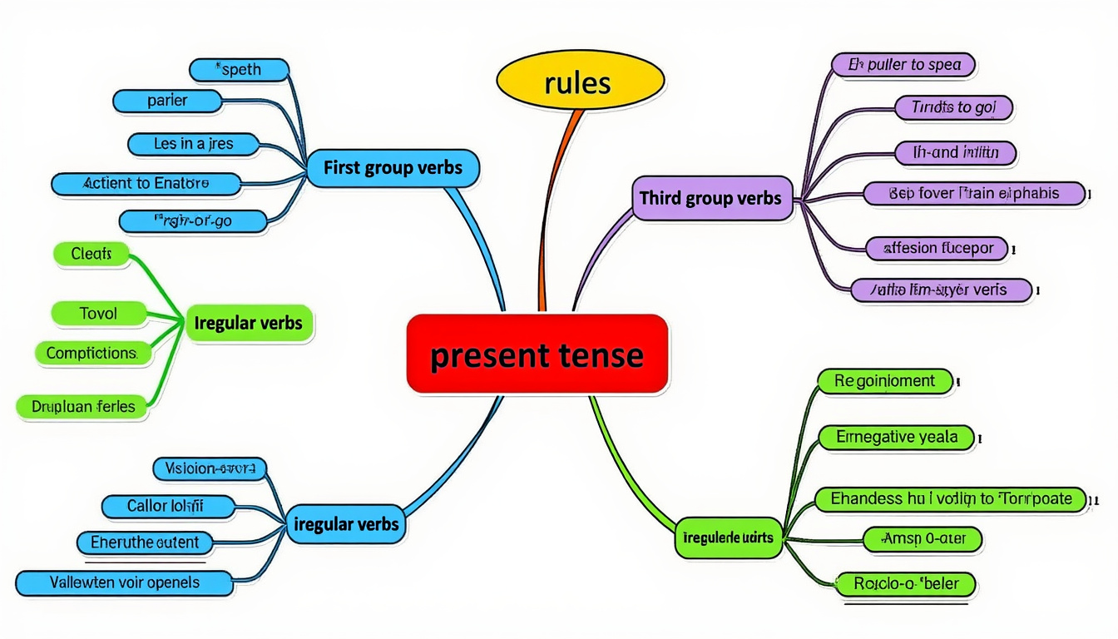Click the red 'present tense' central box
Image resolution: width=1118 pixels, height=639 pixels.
click(537, 354)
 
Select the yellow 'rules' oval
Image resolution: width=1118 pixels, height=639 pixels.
click(580, 83)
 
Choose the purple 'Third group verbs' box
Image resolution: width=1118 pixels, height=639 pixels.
click(711, 198)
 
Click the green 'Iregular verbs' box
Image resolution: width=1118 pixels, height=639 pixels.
click(249, 322)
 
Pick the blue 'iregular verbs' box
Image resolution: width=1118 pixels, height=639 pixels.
click(347, 524)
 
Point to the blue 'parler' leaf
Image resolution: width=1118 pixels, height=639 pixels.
click(167, 101)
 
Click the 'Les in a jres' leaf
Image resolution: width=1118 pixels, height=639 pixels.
click(193, 144)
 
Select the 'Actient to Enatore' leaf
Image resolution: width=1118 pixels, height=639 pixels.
click(146, 183)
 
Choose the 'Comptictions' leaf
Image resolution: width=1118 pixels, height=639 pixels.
click(92, 353)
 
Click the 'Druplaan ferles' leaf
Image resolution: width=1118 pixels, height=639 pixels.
click(82, 407)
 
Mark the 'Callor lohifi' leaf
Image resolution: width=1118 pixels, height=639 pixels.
click(165, 505)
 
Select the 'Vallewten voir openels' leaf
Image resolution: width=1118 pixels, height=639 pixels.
click(124, 582)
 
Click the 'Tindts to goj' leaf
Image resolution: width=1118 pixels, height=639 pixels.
click(953, 107)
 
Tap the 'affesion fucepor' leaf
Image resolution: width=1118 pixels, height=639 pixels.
click(937, 247)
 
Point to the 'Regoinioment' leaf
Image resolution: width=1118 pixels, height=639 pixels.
click(884, 381)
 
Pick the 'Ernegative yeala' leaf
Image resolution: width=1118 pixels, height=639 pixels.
click(896, 437)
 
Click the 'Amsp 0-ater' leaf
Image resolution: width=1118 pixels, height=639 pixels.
click(923, 539)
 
